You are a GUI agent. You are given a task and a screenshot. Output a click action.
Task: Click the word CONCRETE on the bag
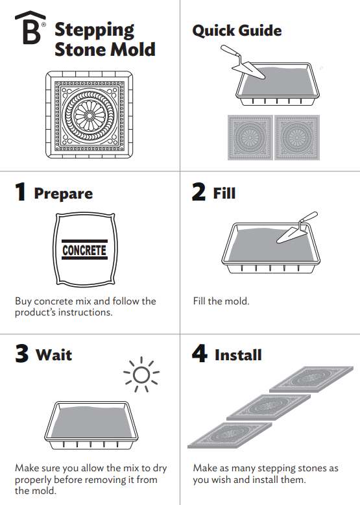pyautogui.click(x=84, y=250)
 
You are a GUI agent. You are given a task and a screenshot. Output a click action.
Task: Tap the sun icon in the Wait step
pyautogui.click(x=141, y=375)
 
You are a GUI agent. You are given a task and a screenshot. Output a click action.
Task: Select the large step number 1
pyautogui.click(x=21, y=191)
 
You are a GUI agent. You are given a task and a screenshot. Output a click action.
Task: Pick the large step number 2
pyautogui.click(x=198, y=191)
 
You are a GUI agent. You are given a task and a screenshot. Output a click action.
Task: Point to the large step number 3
pyautogui.click(x=22, y=353)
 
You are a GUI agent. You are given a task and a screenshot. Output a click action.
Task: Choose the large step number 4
pyautogui.click(x=200, y=353)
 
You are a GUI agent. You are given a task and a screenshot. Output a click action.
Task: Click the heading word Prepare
pyautogui.click(x=64, y=194)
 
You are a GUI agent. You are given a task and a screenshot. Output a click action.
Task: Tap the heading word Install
pyautogui.click(x=238, y=355)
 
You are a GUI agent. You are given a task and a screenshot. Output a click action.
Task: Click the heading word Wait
pyautogui.click(x=54, y=355)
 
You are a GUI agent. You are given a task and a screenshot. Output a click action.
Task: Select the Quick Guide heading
pyautogui.click(x=237, y=31)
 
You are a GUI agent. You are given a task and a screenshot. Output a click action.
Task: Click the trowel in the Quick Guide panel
pyautogui.click(x=243, y=62)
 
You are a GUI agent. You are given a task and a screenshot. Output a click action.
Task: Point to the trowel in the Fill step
pyautogui.click(x=297, y=228)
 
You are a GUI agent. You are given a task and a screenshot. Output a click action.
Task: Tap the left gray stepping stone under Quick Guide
pyautogui.click(x=250, y=138)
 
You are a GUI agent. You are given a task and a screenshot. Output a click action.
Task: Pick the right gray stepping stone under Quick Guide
pyautogui.click(x=297, y=138)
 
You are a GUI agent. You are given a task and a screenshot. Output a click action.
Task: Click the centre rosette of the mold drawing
pyautogui.click(x=89, y=115)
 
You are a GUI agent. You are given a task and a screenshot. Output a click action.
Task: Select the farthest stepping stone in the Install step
pyautogui.click(x=311, y=379)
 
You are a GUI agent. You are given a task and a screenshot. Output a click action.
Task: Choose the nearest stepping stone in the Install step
pyautogui.click(x=230, y=436)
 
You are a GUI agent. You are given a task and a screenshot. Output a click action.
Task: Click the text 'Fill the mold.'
pyautogui.click(x=221, y=301)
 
